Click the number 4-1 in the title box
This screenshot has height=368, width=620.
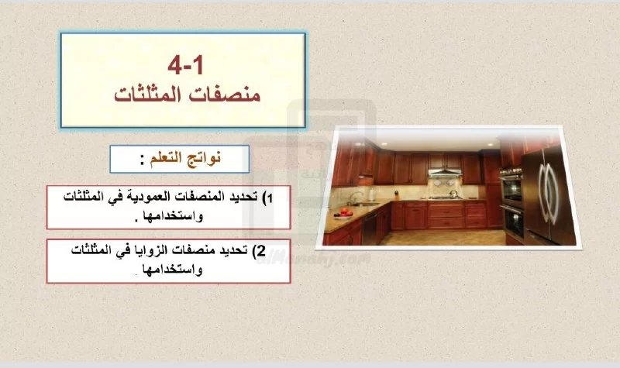[185, 65]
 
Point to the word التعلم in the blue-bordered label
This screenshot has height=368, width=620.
[165, 159]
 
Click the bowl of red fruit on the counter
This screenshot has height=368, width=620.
[343, 214]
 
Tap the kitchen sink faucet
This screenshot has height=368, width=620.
[356, 198]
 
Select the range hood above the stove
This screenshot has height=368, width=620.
[445, 172]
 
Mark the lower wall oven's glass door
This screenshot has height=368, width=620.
[513, 223]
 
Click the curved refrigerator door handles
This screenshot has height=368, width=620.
[548, 192]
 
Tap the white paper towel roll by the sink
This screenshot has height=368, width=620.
[372, 195]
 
